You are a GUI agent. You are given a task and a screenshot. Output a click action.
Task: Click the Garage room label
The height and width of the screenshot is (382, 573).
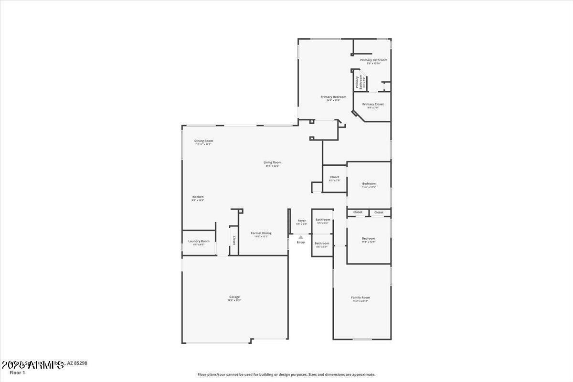pyautogui.click(x=234, y=297)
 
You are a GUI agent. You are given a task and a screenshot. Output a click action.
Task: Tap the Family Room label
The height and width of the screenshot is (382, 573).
pyautogui.click(x=361, y=297)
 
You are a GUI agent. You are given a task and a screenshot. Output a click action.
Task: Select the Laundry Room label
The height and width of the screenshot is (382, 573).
pyautogui.click(x=199, y=241)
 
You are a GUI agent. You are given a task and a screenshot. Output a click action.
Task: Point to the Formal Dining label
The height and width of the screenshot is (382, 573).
pyautogui.click(x=261, y=233)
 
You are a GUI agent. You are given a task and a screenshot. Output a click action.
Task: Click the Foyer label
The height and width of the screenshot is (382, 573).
pyautogui.click(x=301, y=221)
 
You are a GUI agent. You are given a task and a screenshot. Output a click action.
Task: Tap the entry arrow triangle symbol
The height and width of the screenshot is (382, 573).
pyautogui.click(x=301, y=236)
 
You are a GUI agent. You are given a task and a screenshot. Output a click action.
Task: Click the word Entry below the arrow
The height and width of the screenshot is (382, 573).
pyautogui.click(x=301, y=242)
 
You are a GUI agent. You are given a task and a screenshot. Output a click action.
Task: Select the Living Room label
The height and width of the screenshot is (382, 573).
pyautogui.click(x=273, y=162)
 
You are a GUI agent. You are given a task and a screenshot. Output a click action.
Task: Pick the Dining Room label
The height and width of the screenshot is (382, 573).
pyautogui.click(x=203, y=141)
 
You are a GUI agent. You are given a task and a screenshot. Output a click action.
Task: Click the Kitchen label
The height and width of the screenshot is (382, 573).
pyautogui.click(x=198, y=197)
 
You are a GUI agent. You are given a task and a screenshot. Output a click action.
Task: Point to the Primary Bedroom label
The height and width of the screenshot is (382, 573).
pyautogui.click(x=333, y=97)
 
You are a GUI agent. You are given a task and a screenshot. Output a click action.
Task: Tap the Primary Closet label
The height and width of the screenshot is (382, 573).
pyautogui.click(x=373, y=104)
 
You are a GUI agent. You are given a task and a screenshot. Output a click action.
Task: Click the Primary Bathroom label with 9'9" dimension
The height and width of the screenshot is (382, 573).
pyautogui.click(x=374, y=60)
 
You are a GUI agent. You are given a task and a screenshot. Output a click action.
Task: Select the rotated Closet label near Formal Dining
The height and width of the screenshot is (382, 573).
pyautogui.click(x=234, y=240)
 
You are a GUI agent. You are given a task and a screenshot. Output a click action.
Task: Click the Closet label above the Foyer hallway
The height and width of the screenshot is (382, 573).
pyautogui.click(x=335, y=177)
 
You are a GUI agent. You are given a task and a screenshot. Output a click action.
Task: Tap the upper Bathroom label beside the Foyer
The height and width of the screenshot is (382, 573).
pyautogui.click(x=323, y=220)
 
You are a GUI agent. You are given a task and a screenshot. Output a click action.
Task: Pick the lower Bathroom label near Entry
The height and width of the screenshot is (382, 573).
pyautogui.click(x=322, y=244)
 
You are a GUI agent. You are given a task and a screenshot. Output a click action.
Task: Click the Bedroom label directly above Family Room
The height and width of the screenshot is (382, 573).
pyautogui.click(x=369, y=238)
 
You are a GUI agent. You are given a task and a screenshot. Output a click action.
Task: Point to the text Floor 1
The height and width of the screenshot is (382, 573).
pyautogui.click(x=17, y=372)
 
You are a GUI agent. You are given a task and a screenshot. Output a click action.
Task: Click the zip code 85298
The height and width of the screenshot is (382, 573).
pyautogui.click(x=80, y=363)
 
